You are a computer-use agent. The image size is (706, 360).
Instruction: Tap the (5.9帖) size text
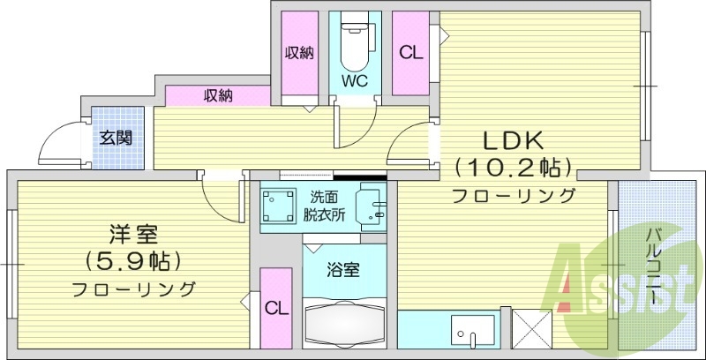click(133, 262)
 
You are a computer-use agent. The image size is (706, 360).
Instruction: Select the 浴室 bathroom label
click(344, 270)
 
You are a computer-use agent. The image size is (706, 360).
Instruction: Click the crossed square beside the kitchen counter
click(532, 333)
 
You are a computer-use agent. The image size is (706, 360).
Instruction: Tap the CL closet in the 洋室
click(276, 309)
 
